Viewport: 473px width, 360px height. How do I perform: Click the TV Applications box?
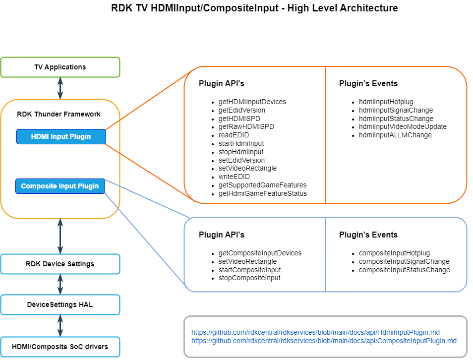pyautogui.click(x=60, y=67)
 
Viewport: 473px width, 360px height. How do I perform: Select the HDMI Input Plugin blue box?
pyautogui.click(x=61, y=136)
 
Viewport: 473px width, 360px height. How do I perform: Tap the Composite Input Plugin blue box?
pyautogui.click(x=60, y=186)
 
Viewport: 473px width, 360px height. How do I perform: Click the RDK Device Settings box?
pyautogui.click(x=60, y=264)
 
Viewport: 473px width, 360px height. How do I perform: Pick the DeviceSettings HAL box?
pyautogui.click(x=60, y=304)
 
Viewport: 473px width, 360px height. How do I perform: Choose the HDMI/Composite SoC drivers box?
pyautogui.click(x=60, y=346)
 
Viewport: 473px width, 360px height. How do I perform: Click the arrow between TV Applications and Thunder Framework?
pyautogui.click(x=60, y=88)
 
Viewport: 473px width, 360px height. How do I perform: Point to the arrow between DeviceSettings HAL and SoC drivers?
pyautogui.click(x=60, y=325)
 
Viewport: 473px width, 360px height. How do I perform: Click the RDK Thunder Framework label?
pyautogui.click(x=59, y=114)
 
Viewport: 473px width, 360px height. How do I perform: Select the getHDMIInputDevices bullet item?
pyautogui.click(x=252, y=102)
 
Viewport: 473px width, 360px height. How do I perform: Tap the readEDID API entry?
pyautogui.click(x=234, y=135)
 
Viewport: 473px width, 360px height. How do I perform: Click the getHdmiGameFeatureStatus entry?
pyautogui.click(x=262, y=193)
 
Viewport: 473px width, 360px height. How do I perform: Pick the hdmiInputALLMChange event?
pyautogui.click(x=395, y=135)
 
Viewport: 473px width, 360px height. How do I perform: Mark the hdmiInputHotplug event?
pyautogui.click(x=386, y=102)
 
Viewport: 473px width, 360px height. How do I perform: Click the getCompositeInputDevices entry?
pyautogui.click(x=260, y=253)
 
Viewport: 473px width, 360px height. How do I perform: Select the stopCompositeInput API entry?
pyautogui.click(x=249, y=278)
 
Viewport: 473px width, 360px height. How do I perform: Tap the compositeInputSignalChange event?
pyautogui.click(x=404, y=261)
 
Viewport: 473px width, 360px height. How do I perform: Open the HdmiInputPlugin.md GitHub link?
pyautogui.click(x=315, y=332)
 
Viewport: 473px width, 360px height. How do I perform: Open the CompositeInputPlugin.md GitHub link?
pyautogui.click(x=324, y=341)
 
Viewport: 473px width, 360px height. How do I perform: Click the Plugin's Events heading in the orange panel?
pyautogui.click(x=368, y=83)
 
